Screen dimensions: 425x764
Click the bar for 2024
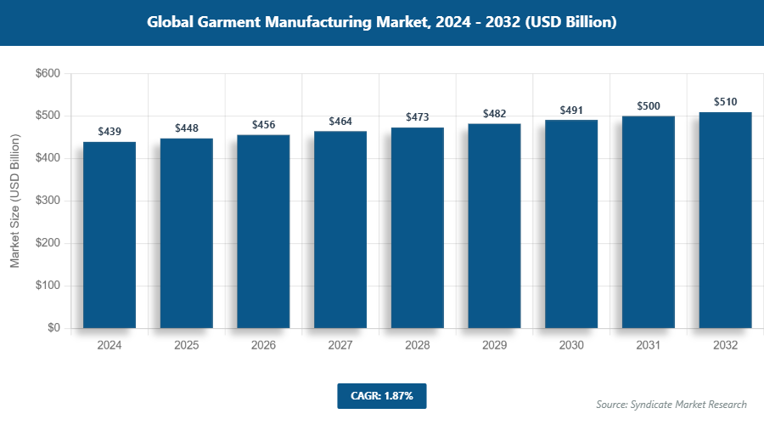click(x=110, y=235)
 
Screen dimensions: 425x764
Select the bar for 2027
click(x=340, y=229)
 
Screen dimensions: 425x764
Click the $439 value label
click(x=110, y=131)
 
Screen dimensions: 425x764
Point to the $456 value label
click(x=264, y=124)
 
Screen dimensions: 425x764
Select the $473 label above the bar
click(x=418, y=116)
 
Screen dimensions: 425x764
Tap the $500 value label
click(x=649, y=105)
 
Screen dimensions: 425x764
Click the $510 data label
click(x=726, y=101)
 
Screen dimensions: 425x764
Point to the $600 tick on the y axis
click(x=47, y=74)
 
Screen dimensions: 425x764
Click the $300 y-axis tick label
click(x=47, y=201)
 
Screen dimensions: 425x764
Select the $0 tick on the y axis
click(x=53, y=328)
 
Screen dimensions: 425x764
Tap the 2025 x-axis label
click(x=187, y=346)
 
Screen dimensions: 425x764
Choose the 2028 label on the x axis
click(x=418, y=346)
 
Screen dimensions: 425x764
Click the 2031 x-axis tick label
click(x=649, y=346)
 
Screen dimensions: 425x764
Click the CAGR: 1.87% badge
click(x=381, y=396)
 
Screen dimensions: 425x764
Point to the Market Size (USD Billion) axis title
click(x=14, y=201)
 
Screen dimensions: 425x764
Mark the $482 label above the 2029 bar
click(x=495, y=113)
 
